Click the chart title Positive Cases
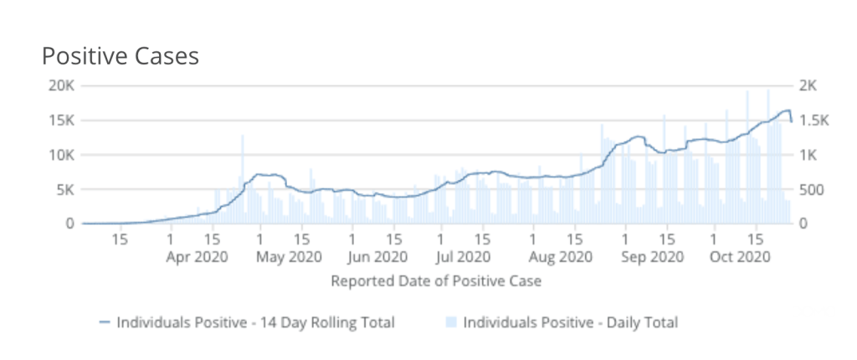click(x=121, y=56)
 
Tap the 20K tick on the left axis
click(x=63, y=85)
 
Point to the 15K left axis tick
click(x=63, y=120)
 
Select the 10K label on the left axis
click(x=63, y=155)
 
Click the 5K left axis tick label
click(x=66, y=189)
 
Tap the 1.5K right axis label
click(x=813, y=120)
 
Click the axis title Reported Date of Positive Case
click(x=436, y=280)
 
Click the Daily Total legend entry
click(x=570, y=321)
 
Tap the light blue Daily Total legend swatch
click(x=452, y=321)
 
